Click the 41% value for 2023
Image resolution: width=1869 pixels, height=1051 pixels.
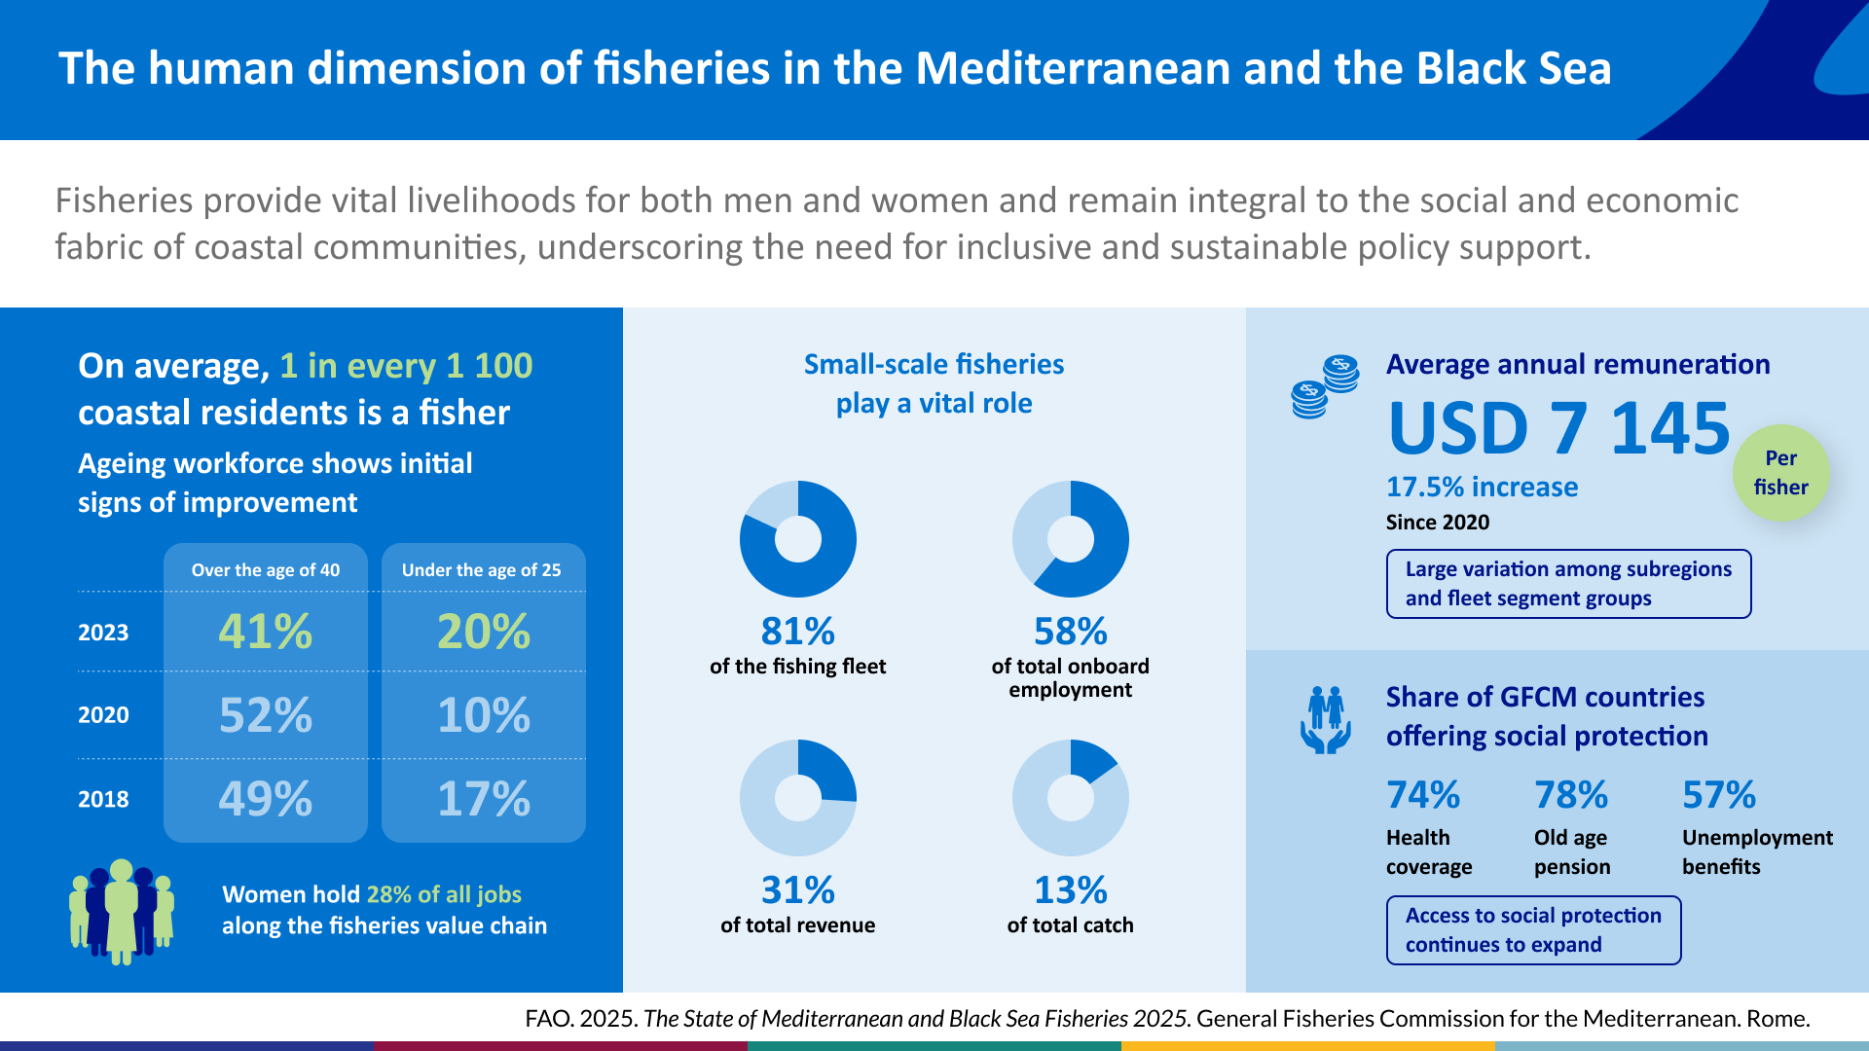(x=265, y=632)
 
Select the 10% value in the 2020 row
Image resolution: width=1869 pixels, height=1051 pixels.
(x=483, y=715)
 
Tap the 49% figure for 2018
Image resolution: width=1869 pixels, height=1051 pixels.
(x=265, y=799)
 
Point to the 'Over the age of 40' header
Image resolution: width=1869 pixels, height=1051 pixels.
(x=265, y=570)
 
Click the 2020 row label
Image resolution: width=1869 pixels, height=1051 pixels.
(x=103, y=715)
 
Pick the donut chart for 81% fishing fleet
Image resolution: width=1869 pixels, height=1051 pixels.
(x=797, y=539)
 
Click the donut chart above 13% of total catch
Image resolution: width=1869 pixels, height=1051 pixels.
(x=1070, y=798)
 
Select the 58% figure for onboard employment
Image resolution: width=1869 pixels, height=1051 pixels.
(x=1070, y=632)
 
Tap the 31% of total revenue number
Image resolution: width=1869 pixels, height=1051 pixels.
(x=797, y=890)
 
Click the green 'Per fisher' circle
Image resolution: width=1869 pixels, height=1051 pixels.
(x=1780, y=473)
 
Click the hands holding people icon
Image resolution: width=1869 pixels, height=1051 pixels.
(x=1325, y=720)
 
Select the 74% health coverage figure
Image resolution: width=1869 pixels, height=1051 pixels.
(x=1423, y=795)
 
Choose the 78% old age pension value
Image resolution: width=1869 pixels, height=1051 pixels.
(x=1571, y=795)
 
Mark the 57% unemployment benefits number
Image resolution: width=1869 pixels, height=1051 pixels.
(x=1719, y=795)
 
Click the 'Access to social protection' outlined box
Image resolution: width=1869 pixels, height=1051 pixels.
(x=1533, y=930)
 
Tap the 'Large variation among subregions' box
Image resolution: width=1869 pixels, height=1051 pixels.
(x=1568, y=584)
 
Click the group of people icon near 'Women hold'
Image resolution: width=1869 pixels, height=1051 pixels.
(x=122, y=912)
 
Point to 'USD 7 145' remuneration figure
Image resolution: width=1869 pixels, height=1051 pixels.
(x=1558, y=428)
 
